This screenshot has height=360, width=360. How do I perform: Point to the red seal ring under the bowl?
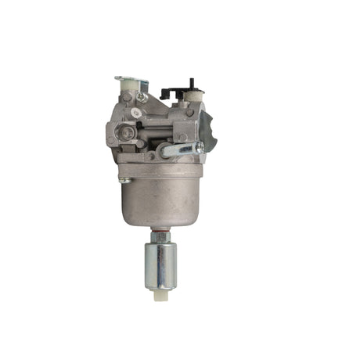pyautogui.click(x=159, y=229)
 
